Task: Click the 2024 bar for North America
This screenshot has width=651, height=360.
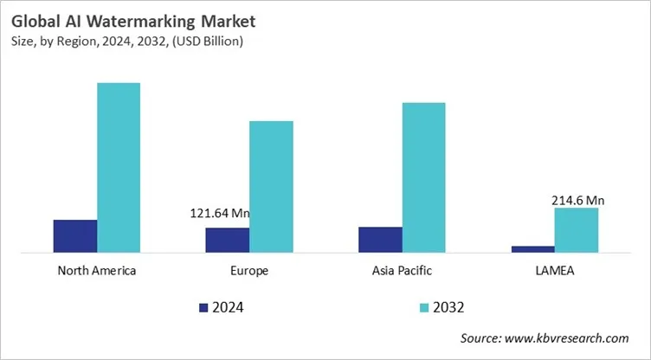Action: (x=75, y=235)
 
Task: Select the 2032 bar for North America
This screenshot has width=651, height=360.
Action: (x=119, y=167)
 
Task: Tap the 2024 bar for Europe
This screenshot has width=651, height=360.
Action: (x=228, y=240)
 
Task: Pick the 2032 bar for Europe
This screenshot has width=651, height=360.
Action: (x=271, y=186)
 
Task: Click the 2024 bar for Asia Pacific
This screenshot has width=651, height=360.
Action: (x=380, y=239)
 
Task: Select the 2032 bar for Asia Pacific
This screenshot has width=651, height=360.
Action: (x=423, y=177)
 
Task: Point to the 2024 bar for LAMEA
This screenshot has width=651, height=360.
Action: (x=532, y=248)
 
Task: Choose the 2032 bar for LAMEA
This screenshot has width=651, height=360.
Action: (x=576, y=229)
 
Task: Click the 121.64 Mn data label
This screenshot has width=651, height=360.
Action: (x=221, y=213)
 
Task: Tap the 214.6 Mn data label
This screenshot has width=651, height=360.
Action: (x=577, y=200)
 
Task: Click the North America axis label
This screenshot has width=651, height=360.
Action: (x=97, y=270)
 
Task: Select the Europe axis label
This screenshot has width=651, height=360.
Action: (x=249, y=270)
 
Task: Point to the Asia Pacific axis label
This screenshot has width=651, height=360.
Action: (x=402, y=270)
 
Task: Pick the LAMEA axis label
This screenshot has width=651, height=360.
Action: (x=554, y=270)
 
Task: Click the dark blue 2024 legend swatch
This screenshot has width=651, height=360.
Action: (x=203, y=307)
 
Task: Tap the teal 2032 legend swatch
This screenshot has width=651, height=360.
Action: (x=424, y=307)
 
